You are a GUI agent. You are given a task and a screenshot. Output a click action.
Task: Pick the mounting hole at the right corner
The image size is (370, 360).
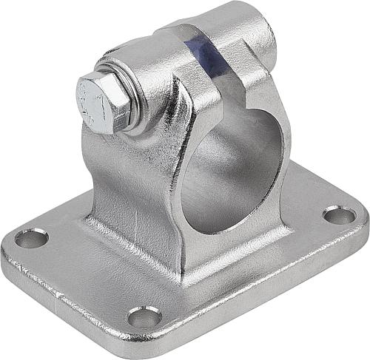(x=339, y=215)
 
